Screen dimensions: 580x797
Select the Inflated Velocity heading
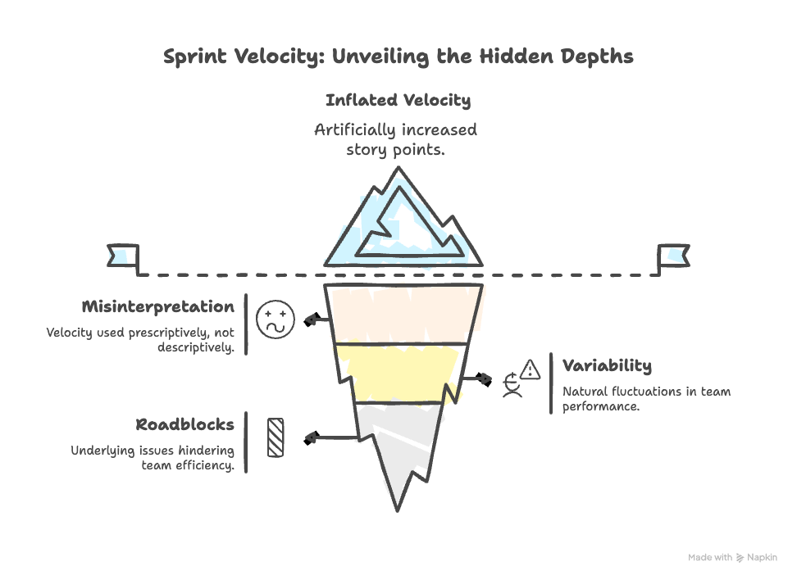coord(398,101)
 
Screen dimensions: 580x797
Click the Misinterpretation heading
coord(157,307)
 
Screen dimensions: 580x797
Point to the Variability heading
coord(607,366)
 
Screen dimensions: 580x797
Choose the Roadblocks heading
coord(184,425)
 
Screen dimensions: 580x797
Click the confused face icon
coord(275,319)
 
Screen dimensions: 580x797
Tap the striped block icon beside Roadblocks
coord(276,437)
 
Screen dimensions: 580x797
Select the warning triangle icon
coord(531,370)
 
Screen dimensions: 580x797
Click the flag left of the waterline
coord(121,256)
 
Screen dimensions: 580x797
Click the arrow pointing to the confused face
coord(317,319)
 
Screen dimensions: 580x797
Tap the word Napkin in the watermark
coord(762,558)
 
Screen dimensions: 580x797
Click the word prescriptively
coord(168,333)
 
